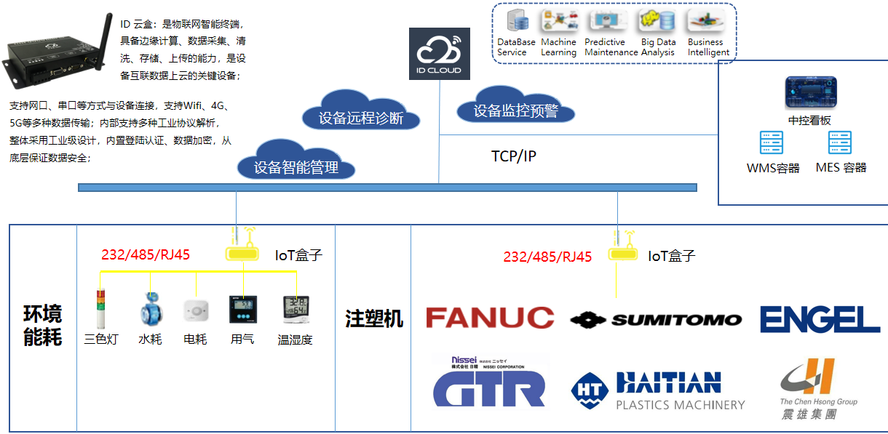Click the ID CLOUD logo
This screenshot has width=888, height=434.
click(439, 54)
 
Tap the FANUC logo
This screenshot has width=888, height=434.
click(489, 318)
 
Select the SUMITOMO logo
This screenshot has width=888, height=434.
click(656, 319)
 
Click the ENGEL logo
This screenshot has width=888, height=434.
click(820, 319)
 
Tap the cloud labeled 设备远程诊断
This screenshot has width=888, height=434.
click(361, 116)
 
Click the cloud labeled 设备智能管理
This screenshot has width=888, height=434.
click(296, 165)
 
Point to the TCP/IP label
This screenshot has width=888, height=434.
click(513, 156)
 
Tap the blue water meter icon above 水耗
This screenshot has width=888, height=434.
click(150, 309)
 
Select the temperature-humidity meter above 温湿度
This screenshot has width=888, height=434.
click(297, 310)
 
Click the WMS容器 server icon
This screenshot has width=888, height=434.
click(772, 143)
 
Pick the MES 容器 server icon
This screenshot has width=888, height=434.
click(840, 143)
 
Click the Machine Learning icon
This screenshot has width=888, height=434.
click(558, 22)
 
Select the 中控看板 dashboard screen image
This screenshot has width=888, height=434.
click(810, 93)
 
